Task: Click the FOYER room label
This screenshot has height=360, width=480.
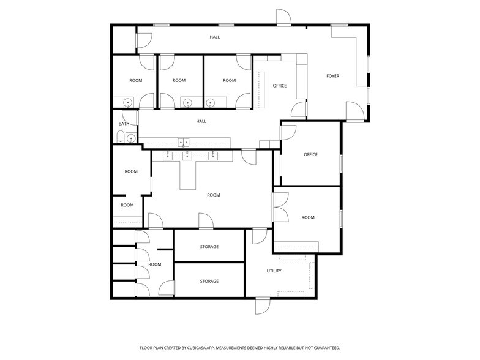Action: click(x=332, y=76)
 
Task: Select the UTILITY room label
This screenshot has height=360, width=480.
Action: click(x=274, y=271)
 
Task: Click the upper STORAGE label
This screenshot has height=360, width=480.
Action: click(x=209, y=247)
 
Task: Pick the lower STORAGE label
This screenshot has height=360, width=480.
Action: click(x=209, y=281)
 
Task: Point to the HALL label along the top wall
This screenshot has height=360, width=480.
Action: click(x=215, y=37)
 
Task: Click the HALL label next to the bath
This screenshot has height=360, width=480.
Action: click(x=201, y=121)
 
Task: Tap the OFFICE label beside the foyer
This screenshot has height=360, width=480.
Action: click(x=280, y=86)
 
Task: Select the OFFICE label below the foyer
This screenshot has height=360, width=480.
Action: click(x=310, y=154)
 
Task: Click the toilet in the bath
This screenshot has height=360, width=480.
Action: click(x=121, y=137)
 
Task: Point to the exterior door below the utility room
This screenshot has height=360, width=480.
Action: click(x=262, y=306)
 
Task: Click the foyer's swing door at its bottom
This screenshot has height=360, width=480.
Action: click(x=354, y=112)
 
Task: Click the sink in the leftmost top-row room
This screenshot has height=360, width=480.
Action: click(x=128, y=103)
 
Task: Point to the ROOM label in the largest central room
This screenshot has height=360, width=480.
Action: click(x=213, y=195)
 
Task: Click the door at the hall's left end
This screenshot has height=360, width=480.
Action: click(x=143, y=40)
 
